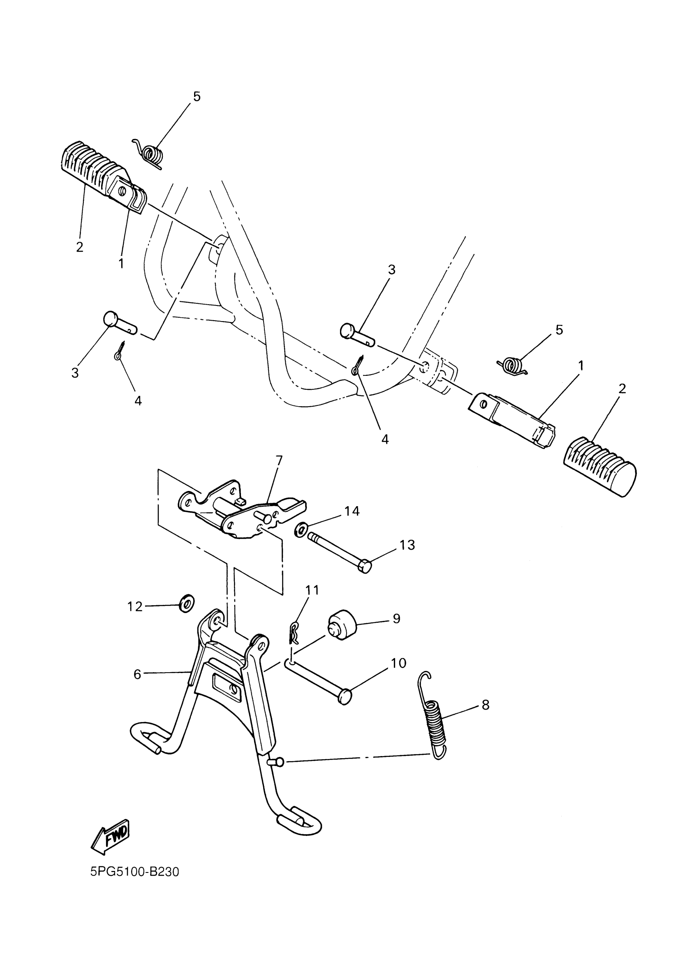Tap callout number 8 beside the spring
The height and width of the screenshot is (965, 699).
pos(486,705)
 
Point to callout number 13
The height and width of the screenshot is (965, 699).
pos(407,545)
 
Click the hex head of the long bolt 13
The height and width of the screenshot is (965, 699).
pos(365,566)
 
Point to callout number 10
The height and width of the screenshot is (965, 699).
pos(399,663)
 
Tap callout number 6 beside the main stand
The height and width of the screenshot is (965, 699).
pos(137,674)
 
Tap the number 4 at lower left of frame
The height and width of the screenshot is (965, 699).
pos(138,401)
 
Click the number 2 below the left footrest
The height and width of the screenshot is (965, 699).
pos(79,247)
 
